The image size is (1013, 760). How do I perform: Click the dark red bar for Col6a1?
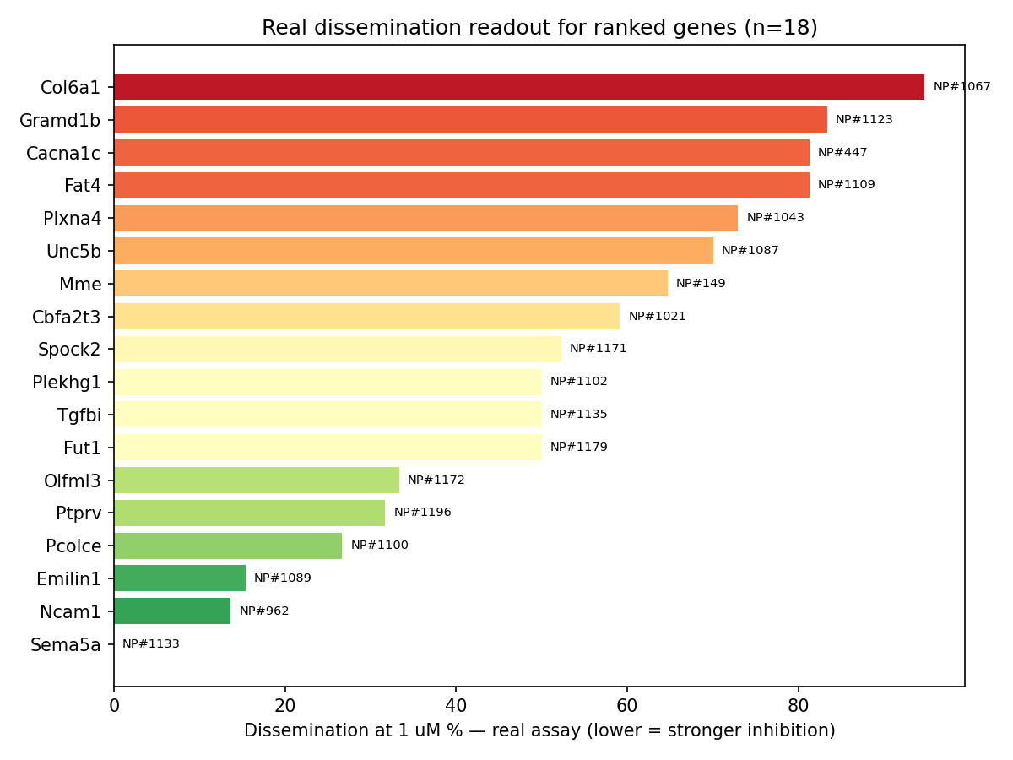(x=518, y=87)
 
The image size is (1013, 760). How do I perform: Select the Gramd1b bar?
(x=470, y=120)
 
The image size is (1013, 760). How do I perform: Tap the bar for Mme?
(x=391, y=283)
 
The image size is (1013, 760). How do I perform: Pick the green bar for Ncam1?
(x=172, y=611)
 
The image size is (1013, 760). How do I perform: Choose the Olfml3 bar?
(x=257, y=480)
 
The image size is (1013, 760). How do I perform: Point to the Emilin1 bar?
(x=180, y=578)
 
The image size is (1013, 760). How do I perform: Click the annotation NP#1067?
(x=962, y=87)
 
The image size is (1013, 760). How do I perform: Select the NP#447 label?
(x=842, y=152)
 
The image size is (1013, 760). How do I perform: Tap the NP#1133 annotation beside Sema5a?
(x=151, y=643)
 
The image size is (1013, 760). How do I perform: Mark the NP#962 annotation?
(x=264, y=611)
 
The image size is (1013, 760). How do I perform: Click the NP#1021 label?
(x=657, y=316)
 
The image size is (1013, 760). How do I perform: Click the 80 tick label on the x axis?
(x=798, y=706)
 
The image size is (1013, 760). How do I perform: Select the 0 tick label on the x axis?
(x=114, y=706)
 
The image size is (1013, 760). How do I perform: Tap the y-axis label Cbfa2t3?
(x=66, y=317)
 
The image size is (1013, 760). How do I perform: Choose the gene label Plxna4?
(x=72, y=218)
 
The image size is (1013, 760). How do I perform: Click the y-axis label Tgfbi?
(x=79, y=415)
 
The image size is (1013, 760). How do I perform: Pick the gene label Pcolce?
(x=73, y=546)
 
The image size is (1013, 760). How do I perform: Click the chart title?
(x=539, y=27)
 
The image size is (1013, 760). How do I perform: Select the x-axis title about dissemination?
(x=539, y=730)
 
